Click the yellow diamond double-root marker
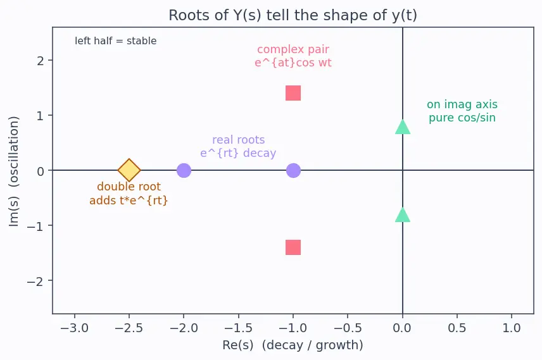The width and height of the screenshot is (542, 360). tap(129, 170)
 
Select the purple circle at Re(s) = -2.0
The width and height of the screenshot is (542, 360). tap(184, 170)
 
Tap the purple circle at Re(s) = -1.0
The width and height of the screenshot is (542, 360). tap(293, 170)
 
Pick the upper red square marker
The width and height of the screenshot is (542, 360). tap(293, 93)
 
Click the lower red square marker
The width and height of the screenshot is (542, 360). tap(293, 247)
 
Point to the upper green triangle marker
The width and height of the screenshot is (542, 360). tap(403, 127)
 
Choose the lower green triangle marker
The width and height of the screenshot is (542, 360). tap(403, 214)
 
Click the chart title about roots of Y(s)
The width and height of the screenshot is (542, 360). tap(293, 15)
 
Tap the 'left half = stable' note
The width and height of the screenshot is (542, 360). tap(116, 40)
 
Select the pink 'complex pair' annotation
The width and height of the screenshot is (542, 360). tap(293, 56)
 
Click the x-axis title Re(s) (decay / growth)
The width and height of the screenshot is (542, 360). tap(293, 345)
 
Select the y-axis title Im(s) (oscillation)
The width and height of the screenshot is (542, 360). tap(13, 171)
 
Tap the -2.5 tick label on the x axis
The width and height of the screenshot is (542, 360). tap(129, 328)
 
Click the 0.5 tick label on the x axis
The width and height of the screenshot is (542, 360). tap(457, 328)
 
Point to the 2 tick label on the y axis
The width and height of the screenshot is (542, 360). tap(41, 61)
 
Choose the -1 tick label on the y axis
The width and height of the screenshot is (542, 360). tap(35, 226)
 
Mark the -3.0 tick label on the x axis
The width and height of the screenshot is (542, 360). tap(74, 328)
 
